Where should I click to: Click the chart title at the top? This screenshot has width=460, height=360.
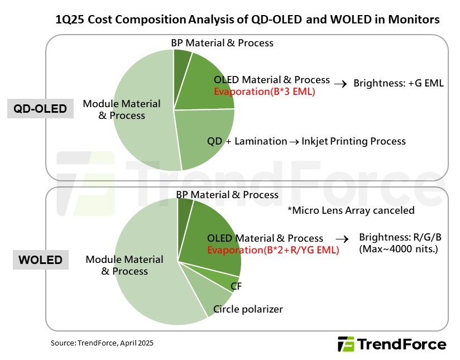coord(247,20)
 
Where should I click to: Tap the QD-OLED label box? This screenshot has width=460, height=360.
coord(41,109)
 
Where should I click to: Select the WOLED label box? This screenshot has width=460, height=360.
coord(40,261)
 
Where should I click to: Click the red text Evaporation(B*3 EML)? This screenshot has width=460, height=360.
coord(265,92)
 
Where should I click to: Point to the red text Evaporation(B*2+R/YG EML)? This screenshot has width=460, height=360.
coord(273,250)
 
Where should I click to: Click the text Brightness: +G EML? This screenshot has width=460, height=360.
coord(399,84)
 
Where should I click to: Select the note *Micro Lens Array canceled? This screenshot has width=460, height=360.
coord(351,210)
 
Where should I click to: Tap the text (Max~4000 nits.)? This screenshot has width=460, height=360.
coord(399,248)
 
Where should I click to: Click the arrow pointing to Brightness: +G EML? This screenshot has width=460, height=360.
coord(340,84)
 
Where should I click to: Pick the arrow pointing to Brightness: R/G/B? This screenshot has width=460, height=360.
coord(346,238)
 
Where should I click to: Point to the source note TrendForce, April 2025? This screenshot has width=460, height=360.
coord(102,343)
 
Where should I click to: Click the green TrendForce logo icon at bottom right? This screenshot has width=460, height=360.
coord(346,344)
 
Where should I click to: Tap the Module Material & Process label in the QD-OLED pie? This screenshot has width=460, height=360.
coord(122,109)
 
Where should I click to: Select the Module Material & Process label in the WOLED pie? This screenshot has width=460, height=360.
coord(124,265)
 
